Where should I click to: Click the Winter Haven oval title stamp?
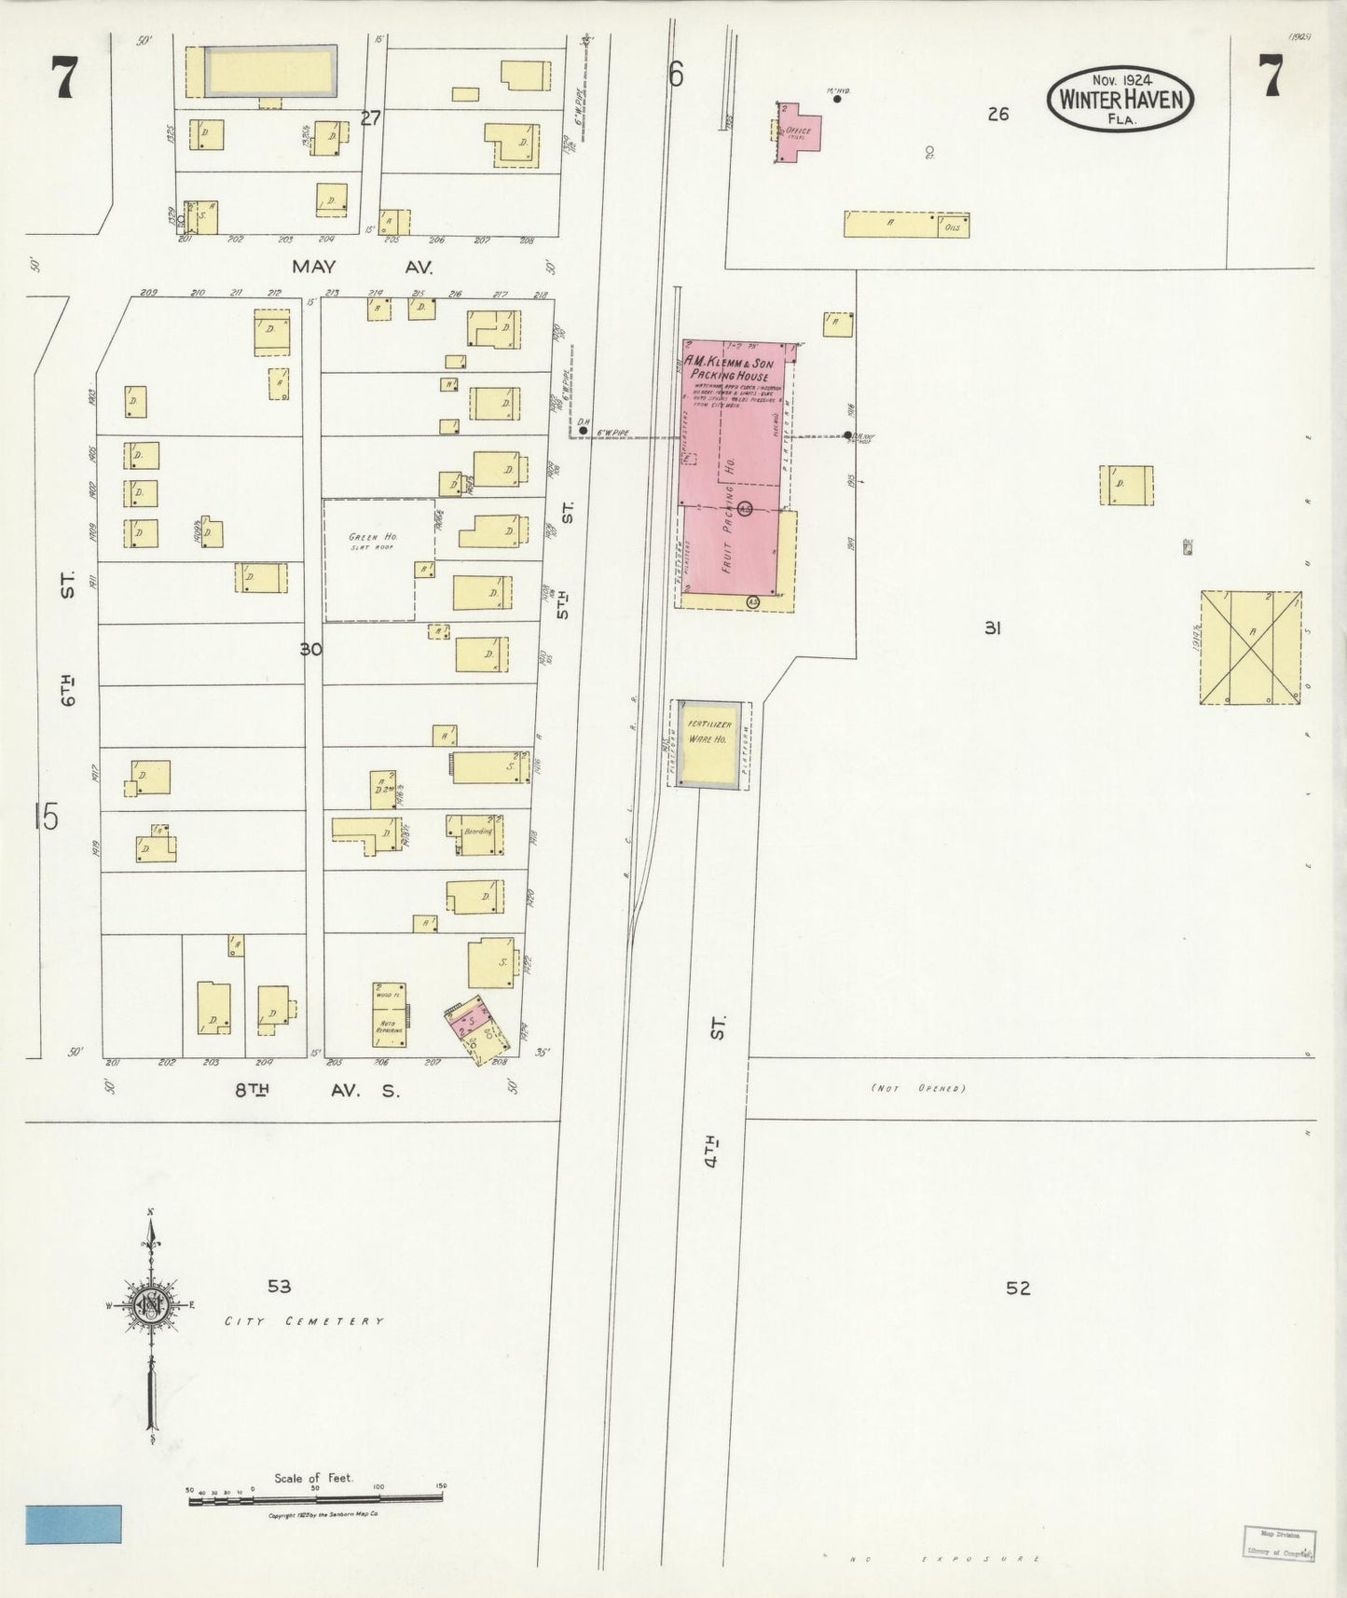pos(1120,98)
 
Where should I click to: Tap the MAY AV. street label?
pos(362,267)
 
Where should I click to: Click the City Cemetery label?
pos(303,1321)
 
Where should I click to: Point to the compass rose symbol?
pos(150,1304)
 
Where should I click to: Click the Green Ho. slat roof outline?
pos(378,559)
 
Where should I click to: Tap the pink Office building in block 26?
pos(799,132)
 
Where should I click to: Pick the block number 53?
pos(279,1287)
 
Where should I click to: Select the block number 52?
pos(1018,1288)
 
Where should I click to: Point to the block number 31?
pos(992,628)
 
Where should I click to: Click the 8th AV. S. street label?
pos(316,1090)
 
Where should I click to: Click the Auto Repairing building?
pos(389,1013)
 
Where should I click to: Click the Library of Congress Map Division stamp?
pos(1279,1541)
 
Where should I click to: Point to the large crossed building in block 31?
pos(1250,647)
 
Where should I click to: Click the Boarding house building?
pos(476,833)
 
